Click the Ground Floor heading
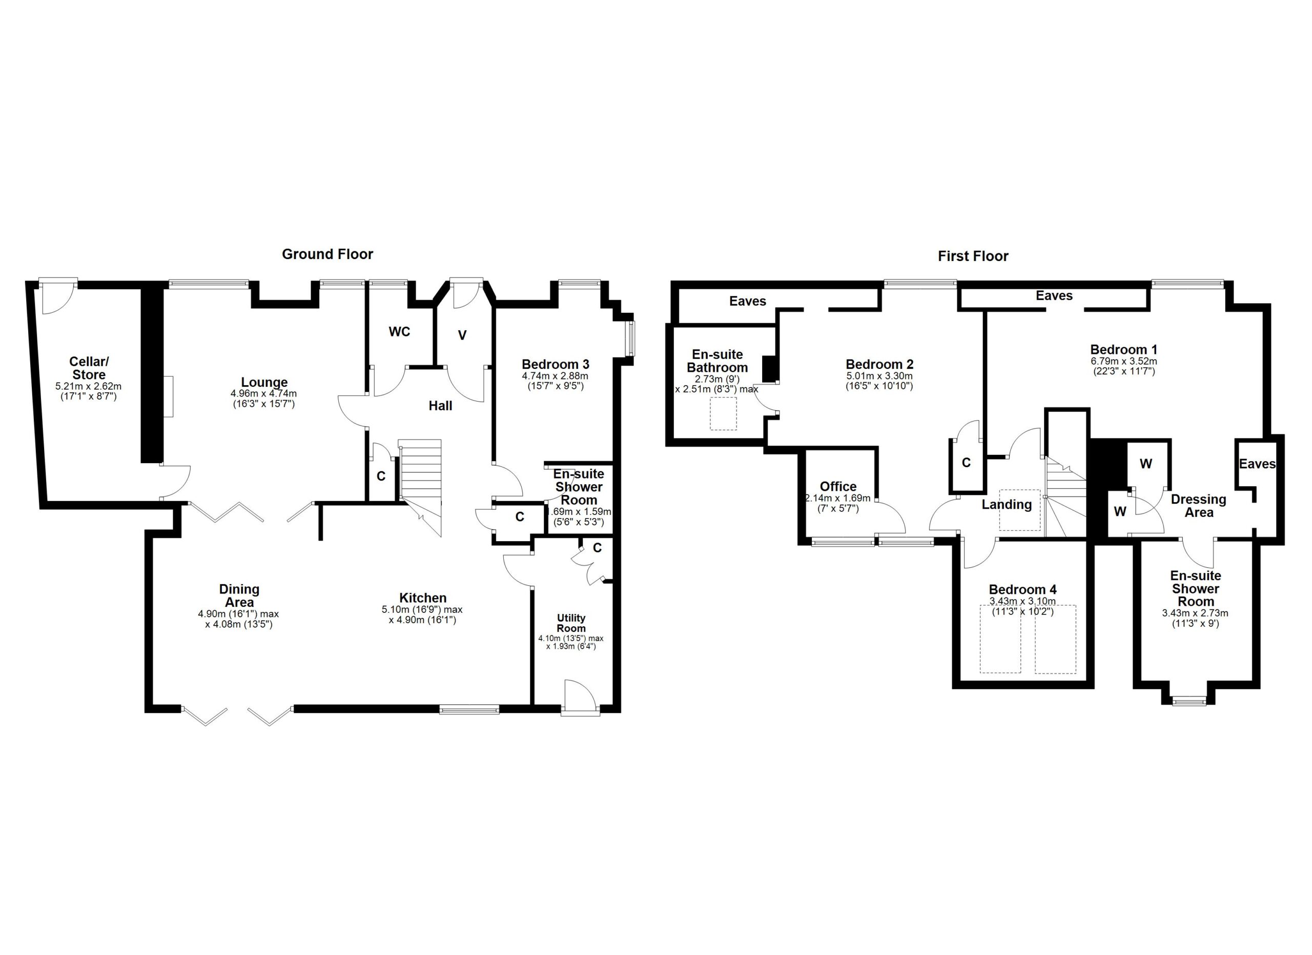point(327,254)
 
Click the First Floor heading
point(973,256)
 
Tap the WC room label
point(399,332)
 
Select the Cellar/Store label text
point(89,368)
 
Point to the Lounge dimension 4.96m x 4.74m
point(264,393)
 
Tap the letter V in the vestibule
point(462,335)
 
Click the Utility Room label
point(571,623)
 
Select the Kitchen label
point(423,598)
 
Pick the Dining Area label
point(239,595)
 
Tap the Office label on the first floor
point(838,486)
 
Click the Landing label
point(1007,504)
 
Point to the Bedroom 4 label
point(1023,589)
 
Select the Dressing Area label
point(1199,505)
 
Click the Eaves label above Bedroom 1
point(1054,296)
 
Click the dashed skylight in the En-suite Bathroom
point(723,413)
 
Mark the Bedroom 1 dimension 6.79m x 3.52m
point(1123,361)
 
